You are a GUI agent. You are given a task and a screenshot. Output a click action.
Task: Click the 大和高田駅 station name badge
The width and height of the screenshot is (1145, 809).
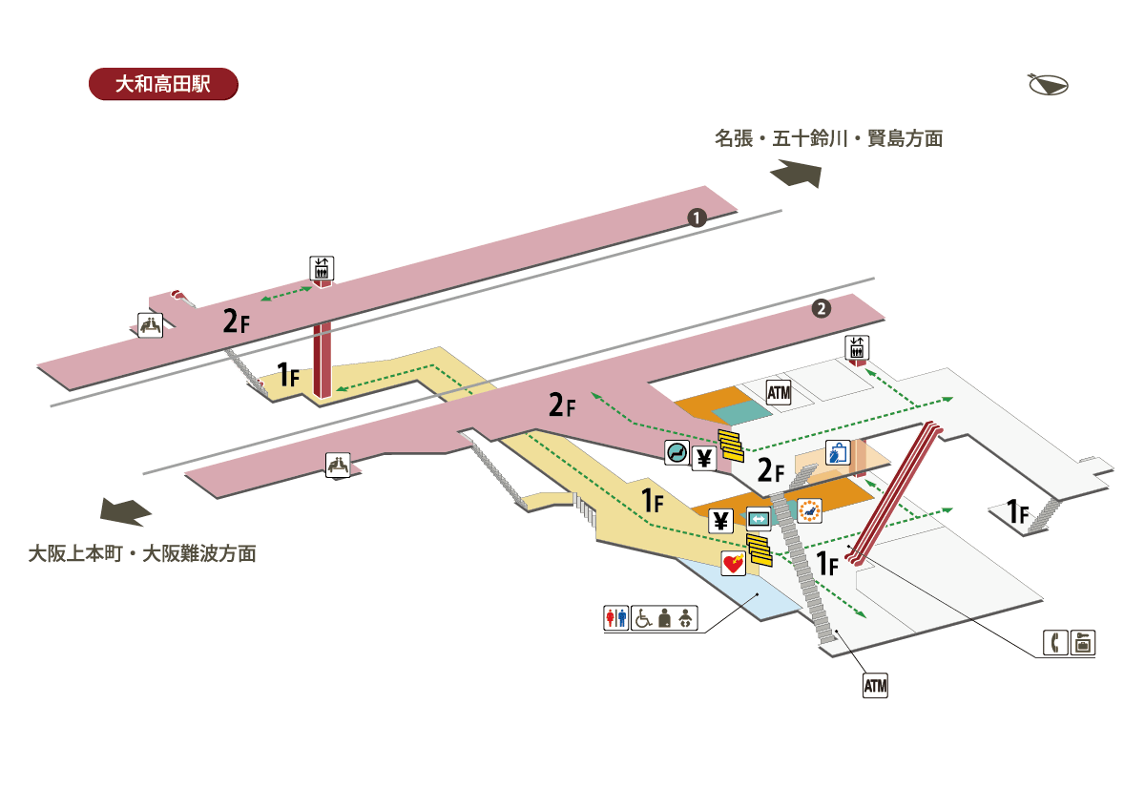click(162, 84)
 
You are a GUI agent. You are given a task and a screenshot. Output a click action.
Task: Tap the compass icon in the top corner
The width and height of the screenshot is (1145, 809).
click(1048, 85)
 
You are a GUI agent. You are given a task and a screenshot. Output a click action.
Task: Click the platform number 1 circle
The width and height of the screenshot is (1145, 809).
click(697, 218)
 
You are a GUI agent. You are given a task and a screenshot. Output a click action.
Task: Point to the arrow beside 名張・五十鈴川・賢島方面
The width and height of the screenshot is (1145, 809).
click(795, 175)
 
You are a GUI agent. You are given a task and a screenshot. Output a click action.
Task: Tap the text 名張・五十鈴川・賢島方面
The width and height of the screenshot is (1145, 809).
click(828, 139)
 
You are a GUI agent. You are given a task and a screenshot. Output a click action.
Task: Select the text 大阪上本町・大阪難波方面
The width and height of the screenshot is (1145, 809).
click(141, 553)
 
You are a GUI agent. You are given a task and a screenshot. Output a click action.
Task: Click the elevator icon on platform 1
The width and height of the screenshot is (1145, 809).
click(322, 268)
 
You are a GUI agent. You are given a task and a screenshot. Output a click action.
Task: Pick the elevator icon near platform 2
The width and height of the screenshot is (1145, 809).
click(857, 348)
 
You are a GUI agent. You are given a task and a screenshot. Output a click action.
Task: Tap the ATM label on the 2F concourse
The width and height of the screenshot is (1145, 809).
click(780, 392)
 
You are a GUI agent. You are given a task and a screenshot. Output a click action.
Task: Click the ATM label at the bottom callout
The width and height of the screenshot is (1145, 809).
click(875, 685)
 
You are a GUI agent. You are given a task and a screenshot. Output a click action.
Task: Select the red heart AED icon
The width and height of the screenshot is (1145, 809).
click(733, 564)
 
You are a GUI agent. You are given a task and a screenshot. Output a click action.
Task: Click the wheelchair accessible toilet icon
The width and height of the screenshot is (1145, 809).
click(643, 618)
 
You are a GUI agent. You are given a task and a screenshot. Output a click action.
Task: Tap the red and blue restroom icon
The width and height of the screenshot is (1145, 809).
click(616, 618)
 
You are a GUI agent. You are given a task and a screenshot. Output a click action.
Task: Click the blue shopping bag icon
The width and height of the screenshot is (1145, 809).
click(837, 453)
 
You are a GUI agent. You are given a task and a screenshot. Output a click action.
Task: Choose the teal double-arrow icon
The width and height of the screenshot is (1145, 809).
click(759, 519)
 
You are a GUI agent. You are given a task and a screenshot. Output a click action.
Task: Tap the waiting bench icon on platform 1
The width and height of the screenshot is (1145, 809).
click(150, 325)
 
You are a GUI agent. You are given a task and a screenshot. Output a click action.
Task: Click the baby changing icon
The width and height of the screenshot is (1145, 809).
click(684, 618)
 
